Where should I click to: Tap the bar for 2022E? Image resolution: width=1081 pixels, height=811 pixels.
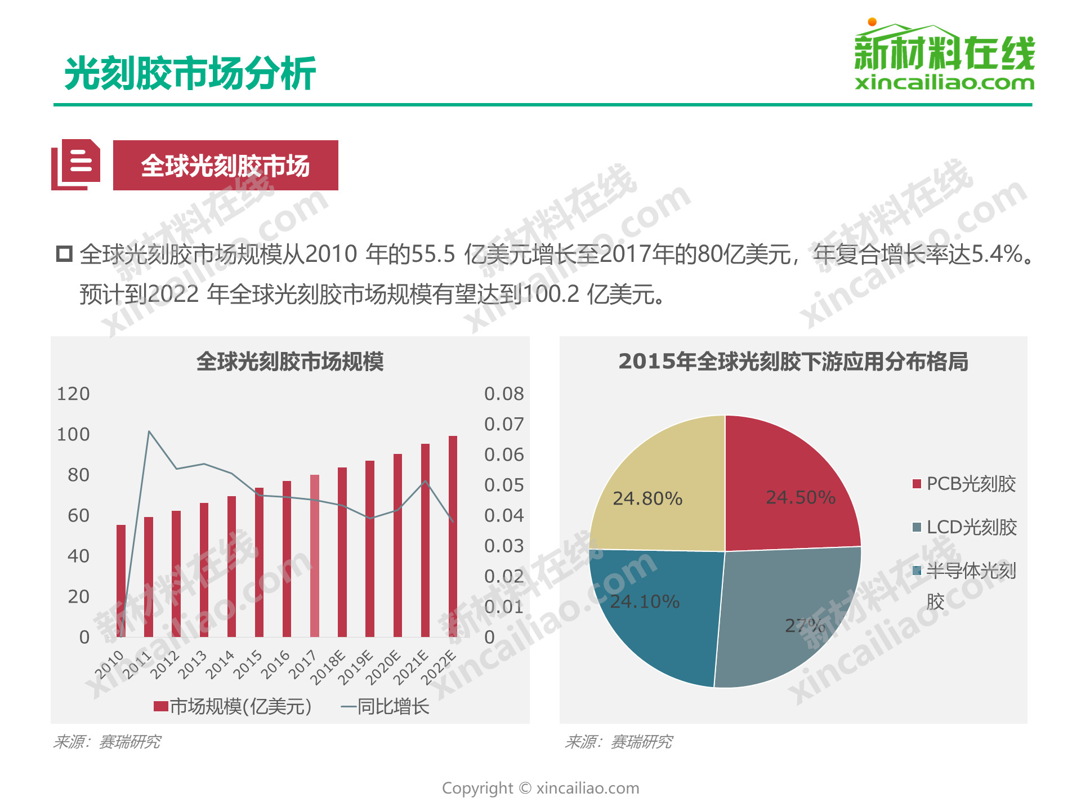tap(453, 536)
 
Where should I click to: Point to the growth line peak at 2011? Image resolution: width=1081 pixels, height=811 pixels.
tap(149, 432)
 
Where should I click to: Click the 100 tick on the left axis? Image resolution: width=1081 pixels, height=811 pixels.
tap(73, 434)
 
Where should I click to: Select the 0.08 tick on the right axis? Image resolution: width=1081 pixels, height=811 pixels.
tap(504, 394)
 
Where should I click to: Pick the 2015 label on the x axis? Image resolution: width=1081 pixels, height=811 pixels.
tap(248, 664)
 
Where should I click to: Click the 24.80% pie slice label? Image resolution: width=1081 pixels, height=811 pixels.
tap(647, 498)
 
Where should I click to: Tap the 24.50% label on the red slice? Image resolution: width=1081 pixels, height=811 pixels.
tap(800, 497)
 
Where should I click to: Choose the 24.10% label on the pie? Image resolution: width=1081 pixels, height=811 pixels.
tap(645, 601)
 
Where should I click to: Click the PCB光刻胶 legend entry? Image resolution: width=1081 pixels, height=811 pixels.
tap(964, 484)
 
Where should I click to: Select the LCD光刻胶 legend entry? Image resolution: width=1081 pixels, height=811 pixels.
tap(964, 527)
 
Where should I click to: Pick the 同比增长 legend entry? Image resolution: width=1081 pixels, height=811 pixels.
tap(385, 706)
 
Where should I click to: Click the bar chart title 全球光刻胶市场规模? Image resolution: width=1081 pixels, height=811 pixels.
tap(290, 362)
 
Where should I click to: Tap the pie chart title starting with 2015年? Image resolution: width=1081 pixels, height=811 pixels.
tap(793, 362)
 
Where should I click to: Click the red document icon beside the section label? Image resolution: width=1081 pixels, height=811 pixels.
tap(77, 164)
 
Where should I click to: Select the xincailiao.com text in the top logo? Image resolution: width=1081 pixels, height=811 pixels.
tap(944, 83)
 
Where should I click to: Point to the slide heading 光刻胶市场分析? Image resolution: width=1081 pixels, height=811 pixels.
tap(190, 74)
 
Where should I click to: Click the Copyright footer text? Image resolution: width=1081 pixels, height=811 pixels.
tap(540, 788)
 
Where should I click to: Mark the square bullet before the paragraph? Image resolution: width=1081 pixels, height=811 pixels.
tap(64, 254)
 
